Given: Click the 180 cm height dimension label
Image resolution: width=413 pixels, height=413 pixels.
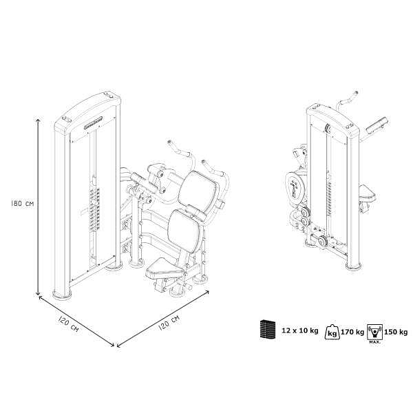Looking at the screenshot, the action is coord(23,204).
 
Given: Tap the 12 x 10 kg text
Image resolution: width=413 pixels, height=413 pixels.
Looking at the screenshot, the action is coord(299,330).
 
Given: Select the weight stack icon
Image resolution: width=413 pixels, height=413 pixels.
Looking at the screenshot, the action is coord(268,329).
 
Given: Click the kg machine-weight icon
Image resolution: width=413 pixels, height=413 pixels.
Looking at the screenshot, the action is coord(332,332).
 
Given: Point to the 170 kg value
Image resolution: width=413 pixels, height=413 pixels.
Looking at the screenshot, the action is coord(352,332).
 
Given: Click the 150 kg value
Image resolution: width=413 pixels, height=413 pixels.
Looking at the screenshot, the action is coord(396,332).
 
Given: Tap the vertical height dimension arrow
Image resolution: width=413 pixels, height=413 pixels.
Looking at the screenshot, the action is coord(38,207).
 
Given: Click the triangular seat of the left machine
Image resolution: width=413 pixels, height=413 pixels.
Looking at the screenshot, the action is coord(164,268).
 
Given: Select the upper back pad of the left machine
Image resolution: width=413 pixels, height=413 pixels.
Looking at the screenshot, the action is coord(197,188).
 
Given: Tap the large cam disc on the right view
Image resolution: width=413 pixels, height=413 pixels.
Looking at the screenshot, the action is coord(295,188).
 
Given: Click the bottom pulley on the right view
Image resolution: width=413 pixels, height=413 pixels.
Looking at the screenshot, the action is coord(322,241).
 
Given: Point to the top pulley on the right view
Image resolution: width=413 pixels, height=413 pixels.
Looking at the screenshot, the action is coord(328,128).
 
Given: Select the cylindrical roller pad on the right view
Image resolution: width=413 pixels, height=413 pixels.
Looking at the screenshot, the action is coord(377,124).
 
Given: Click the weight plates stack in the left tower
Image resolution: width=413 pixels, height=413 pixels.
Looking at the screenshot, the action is coord(94,209).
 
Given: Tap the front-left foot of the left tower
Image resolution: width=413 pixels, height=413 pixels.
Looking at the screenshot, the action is coord(62,295).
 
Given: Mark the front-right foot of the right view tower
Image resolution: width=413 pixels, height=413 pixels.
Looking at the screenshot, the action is coord(354,266).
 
